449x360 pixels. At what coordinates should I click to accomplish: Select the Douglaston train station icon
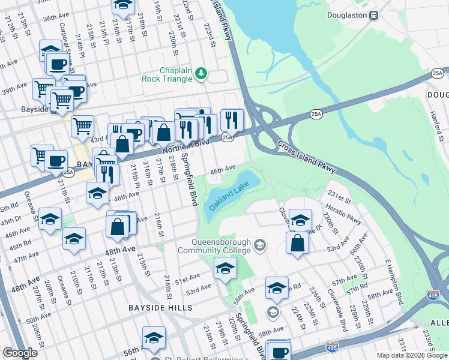pos(373,15)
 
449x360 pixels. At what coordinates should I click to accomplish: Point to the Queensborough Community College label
pos(213,246)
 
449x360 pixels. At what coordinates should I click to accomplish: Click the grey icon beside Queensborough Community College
pos(259,245)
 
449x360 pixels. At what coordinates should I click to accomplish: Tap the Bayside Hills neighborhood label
pos(160,308)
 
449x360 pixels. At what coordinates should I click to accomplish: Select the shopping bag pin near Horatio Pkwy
pos(297,243)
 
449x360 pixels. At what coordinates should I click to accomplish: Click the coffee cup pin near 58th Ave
pos(278,351)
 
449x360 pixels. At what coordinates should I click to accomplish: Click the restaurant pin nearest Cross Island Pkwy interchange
pos(232,121)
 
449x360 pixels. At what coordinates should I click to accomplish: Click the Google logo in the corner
pos(20,352)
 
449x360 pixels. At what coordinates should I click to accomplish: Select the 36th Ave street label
pos(56,19)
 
